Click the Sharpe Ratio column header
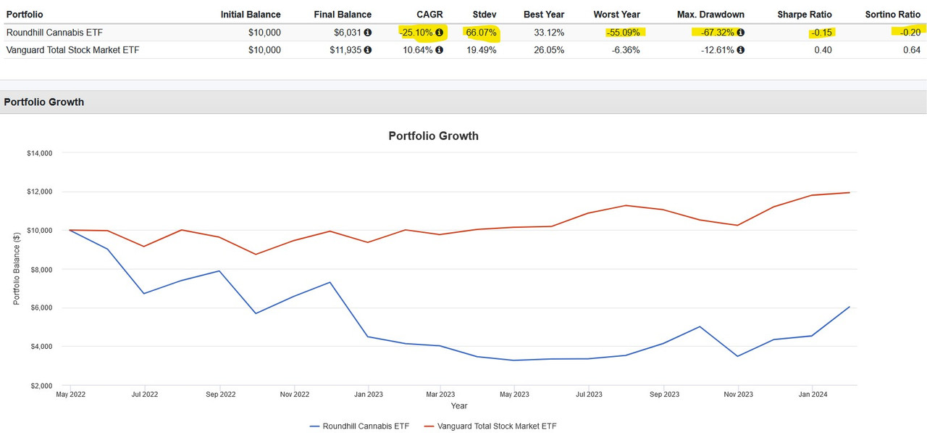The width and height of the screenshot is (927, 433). (804, 15)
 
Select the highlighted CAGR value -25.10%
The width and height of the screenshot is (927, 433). (416, 33)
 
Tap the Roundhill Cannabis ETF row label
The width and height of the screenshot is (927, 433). (54, 33)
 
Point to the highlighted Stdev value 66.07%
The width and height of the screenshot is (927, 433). (482, 33)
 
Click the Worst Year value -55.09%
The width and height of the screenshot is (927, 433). (623, 33)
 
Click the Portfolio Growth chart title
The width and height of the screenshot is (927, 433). (433, 136)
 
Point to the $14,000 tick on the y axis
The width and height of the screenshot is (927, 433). (39, 154)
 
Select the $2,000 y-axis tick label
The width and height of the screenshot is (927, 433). (41, 385)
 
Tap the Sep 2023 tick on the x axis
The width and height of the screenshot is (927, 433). (664, 395)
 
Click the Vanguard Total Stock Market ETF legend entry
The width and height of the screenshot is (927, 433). (497, 426)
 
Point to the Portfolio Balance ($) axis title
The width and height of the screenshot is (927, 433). (16, 269)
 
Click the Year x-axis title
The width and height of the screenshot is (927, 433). (458, 406)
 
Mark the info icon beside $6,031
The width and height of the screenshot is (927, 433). (367, 33)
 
